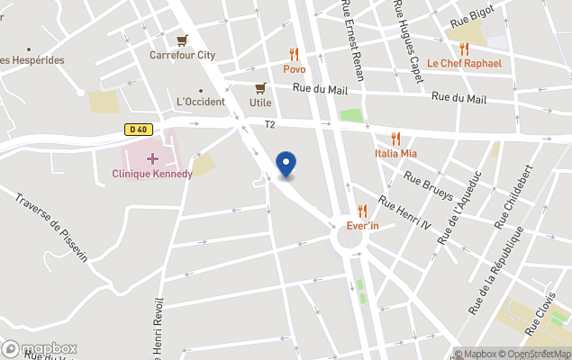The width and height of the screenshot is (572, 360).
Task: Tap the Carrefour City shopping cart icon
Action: pyautogui.click(x=183, y=40)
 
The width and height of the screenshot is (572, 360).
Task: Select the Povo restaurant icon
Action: pyautogui.click(x=294, y=54)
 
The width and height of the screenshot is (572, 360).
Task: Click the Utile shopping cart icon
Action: pyautogui.click(x=260, y=88)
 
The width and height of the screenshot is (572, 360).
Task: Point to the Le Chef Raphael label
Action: pyautogui.click(x=464, y=63)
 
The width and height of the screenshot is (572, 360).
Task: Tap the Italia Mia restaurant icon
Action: pyautogui.click(x=395, y=139)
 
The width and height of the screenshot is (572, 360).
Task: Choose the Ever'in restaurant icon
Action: pyautogui.click(x=363, y=211)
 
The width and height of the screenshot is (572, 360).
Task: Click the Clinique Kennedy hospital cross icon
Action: pyautogui.click(x=152, y=158)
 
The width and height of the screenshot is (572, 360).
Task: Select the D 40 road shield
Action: pyautogui.click(x=137, y=130)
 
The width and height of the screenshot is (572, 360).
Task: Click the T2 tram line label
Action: pyautogui.click(x=269, y=124)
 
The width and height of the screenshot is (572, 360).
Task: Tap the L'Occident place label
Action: pyautogui.click(x=200, y=102)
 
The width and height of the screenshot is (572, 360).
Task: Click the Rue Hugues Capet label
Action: pyautogui.click(x=408, y=40)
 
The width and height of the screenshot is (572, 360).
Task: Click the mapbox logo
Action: pyautogui.click(x=40, y=348)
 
